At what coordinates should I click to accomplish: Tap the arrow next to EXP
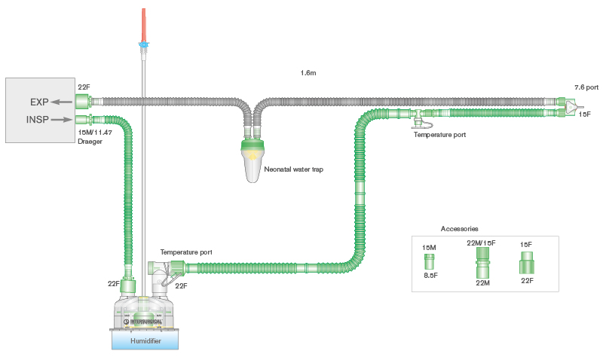(x=62, y=102)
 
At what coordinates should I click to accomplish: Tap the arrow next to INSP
(x=63, y=118)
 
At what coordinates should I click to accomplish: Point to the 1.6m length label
(x=308, y=73)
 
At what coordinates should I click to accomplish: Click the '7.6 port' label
(x=586, y=88)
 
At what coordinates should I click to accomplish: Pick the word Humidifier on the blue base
(x=145, y=340)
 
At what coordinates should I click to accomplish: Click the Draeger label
(x=90, y=141)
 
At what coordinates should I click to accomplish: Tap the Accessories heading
(x=459, y=228)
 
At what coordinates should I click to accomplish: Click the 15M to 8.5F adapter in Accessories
(x=428, y=261)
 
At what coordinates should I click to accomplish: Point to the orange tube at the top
(x=142, y=23)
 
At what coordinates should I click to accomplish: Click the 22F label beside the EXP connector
(x=84, y=88)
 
